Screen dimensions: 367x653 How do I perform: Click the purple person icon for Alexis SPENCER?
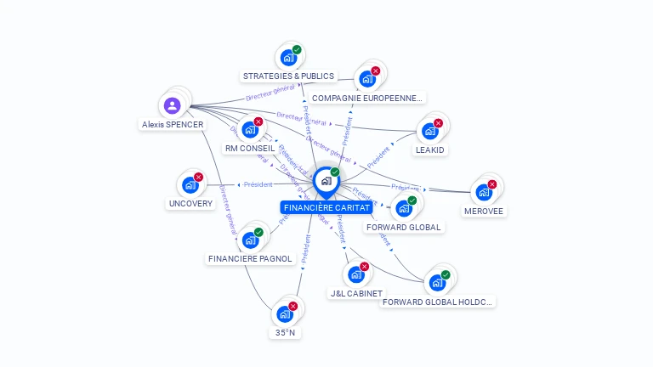click(x=173, y=106)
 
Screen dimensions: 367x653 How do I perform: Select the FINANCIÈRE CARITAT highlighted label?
click(x=326, y=207)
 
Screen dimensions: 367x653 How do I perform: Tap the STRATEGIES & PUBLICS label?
click(x=288, y=76)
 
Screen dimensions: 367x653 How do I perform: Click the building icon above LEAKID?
click(x=429, y=131)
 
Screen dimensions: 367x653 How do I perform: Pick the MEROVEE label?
click(x=483, y=211)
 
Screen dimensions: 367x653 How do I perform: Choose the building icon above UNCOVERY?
click(x=190, y=185)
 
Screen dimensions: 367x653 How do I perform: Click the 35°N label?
click(x=286, y=332)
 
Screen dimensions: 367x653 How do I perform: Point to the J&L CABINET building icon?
click(x=355, y=274)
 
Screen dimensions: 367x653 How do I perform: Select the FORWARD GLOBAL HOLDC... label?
click(x=437, y=302)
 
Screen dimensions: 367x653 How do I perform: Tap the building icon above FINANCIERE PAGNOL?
click(x=250, y=240)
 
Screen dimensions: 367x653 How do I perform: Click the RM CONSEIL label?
click(x=250, y=148)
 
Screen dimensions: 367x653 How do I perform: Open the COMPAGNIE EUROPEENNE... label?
click(x=366, y=98)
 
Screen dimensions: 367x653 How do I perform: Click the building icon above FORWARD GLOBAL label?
click(x=403, y=208)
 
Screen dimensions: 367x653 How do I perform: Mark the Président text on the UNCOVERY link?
click(x=258, y=184)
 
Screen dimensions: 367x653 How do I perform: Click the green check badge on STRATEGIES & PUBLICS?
click(x=297, y=50)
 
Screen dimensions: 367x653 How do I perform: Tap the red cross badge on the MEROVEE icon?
click(x=491, y=184)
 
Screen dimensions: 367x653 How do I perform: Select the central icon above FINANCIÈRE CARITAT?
click(x=325, y=180)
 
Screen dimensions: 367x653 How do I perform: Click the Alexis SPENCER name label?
click(x=173, y=124)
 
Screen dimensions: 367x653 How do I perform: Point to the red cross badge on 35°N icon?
click(x=293, y=306)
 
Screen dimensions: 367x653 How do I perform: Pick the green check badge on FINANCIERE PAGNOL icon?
click(x=258, y=232)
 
